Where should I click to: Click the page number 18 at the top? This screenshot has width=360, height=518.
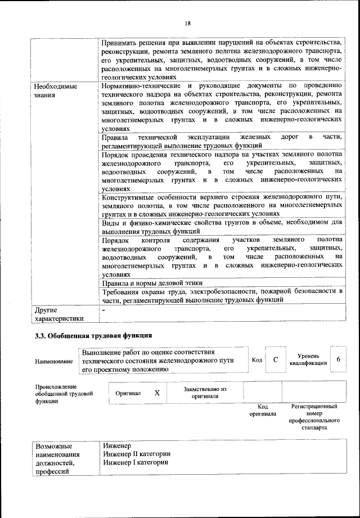pyautogui.click(x=187, y=23)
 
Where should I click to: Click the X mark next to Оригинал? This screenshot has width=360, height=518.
pyautogui.click(x=157, y=393)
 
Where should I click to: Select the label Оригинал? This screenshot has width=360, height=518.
pyautogui.click(x=128, y=393)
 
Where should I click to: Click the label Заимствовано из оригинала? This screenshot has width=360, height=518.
pyautogui.click(x=205, y=393)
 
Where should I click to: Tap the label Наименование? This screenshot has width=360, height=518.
pyautogui.click(x=54, y=361)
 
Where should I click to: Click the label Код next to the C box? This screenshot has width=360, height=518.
pyautogui.click(x=256, y=360)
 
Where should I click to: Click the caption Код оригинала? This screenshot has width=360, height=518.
pyautogui.click(x=262, y=410)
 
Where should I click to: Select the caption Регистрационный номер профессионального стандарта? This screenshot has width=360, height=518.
pyautogui.click(x=314, y=417)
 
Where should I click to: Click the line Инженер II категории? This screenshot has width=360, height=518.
pyautogui.click(x=137, y=454)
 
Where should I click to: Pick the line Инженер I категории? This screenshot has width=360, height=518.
pyautogui.click(x=136, y=462)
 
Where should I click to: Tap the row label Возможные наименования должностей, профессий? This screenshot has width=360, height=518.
pyautogui.click(x=57, y=458)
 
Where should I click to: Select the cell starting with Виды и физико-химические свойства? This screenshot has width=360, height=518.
pyautogui.click(x=222, y=227)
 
